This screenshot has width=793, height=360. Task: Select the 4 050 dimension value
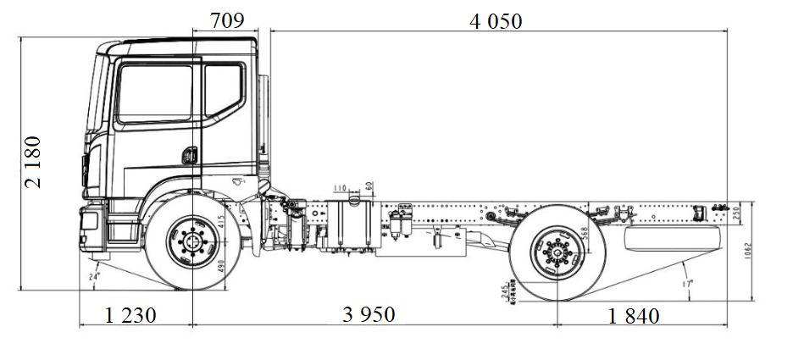[x=496, y=21]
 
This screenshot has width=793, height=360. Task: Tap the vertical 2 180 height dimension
[x=35, y=161]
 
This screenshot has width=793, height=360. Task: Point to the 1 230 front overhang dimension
[x=130, y=315]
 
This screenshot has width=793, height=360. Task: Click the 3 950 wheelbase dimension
[x=369, y=315]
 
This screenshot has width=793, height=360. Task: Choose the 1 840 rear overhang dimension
[x=634, y=316]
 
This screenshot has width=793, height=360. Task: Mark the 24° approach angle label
[x=94, y=275]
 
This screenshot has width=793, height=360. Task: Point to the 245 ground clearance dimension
[x=506, y=293]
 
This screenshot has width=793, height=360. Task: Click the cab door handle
[x=190, y=155]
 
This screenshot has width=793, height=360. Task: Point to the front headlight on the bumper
[x=88, y=222]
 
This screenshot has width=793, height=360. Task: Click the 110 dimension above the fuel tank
[x=341, y=187]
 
